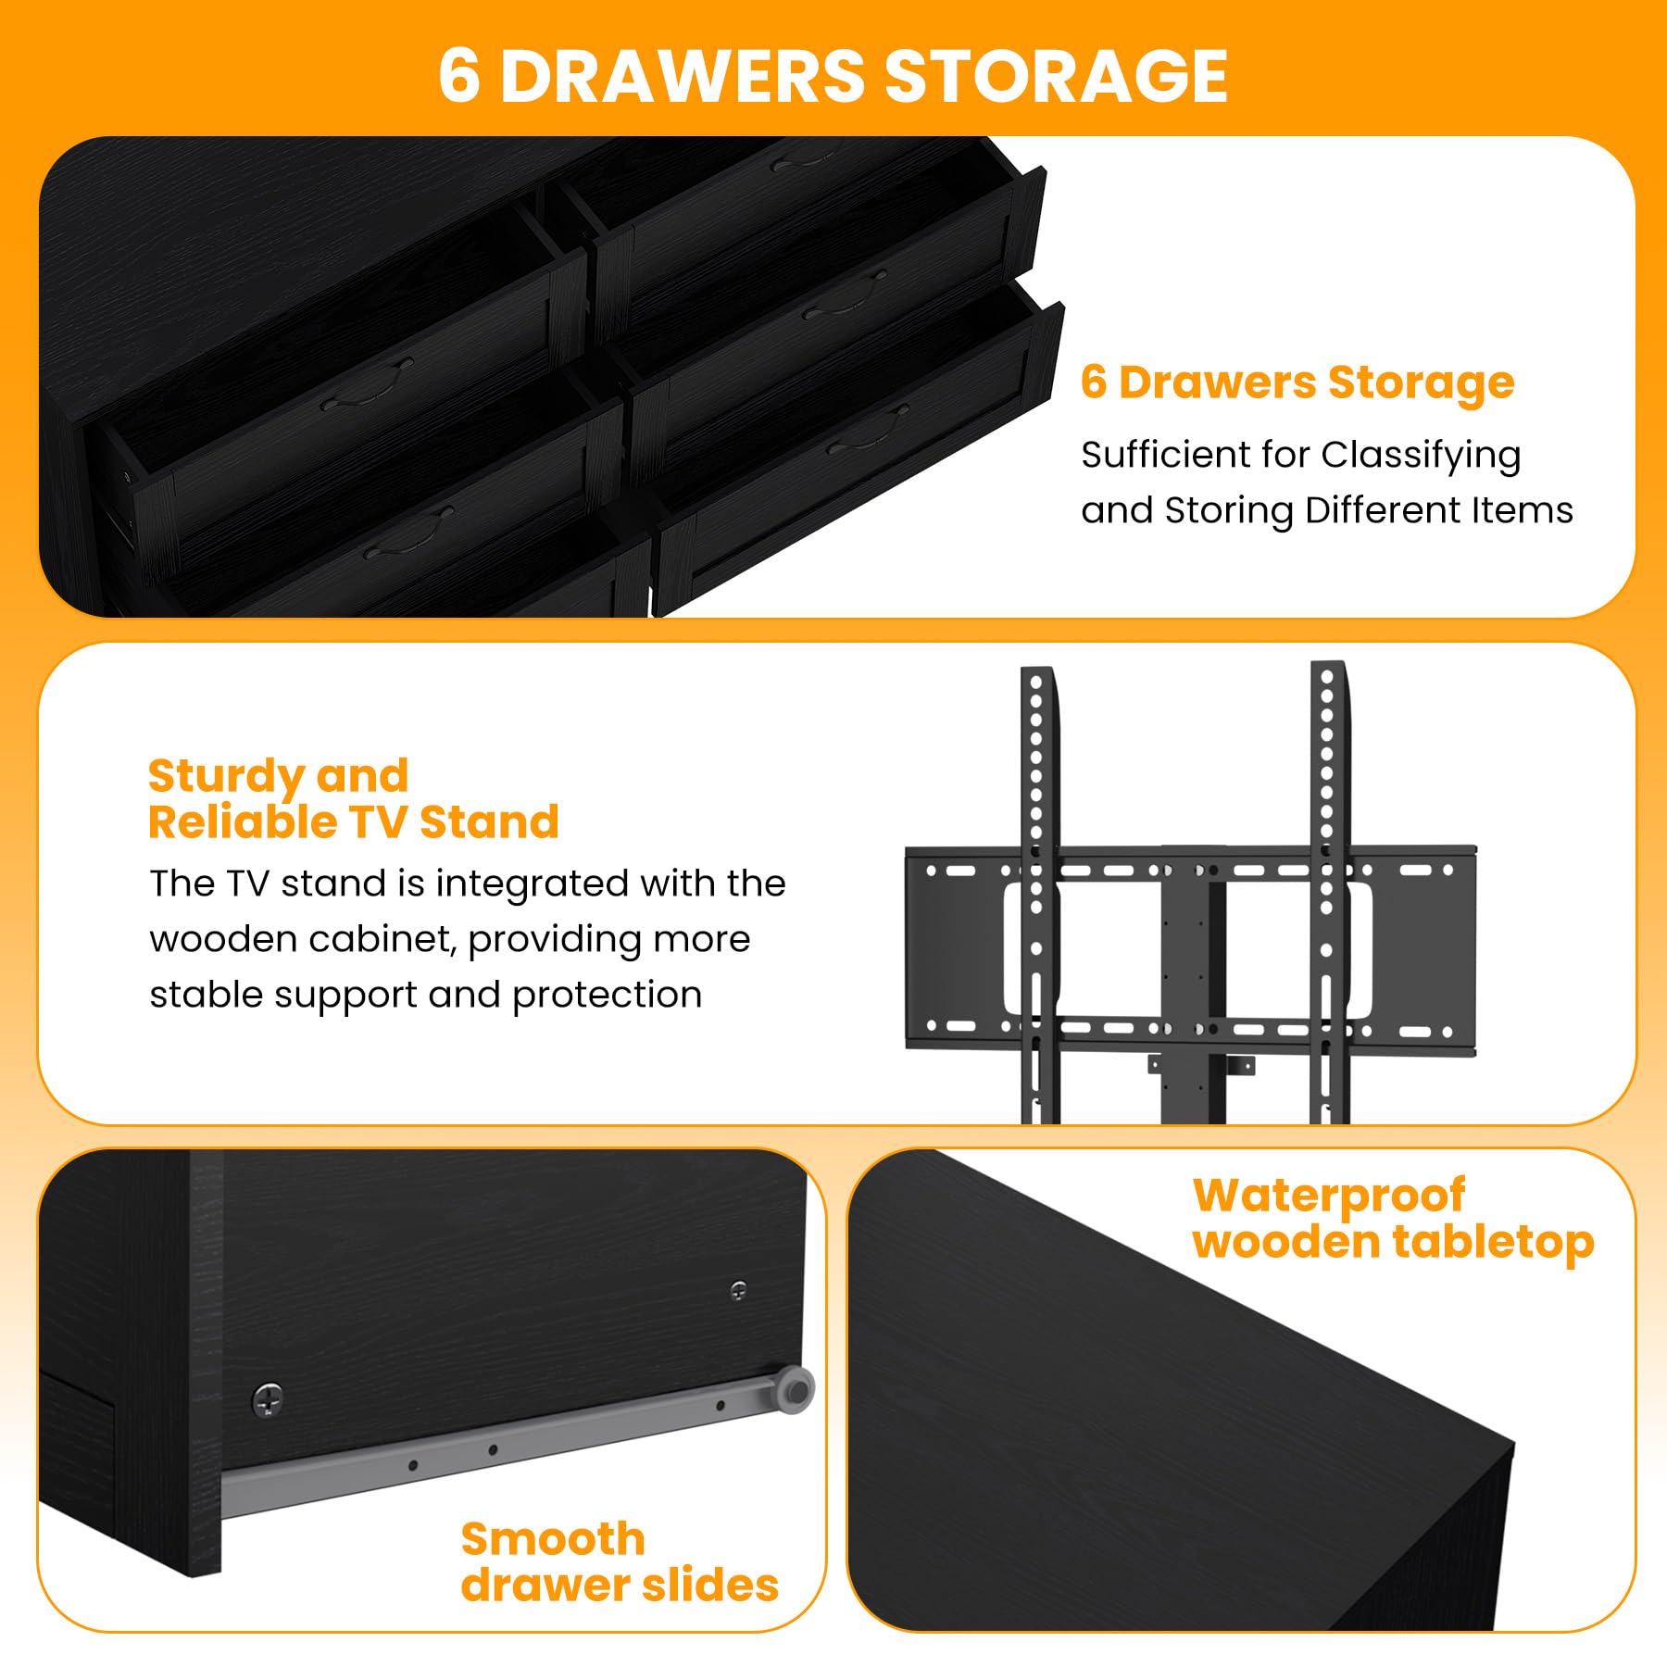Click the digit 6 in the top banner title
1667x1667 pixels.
coord(459,76)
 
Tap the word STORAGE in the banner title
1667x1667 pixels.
coord(1057,76)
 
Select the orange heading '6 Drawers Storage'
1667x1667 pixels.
coord(1297,383)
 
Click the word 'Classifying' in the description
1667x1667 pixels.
coord(1421,457)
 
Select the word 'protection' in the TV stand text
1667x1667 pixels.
coord(607,996)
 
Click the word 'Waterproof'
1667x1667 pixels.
coord(1329,1197)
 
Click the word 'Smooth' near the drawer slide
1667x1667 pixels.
coord(553,1540)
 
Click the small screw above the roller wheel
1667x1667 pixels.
coord(738,1289)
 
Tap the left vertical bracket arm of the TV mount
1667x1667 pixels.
coord(1038,895)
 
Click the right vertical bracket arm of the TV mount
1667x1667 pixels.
coord(1329,893)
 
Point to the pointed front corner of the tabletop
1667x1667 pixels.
coord(1513,1441)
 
